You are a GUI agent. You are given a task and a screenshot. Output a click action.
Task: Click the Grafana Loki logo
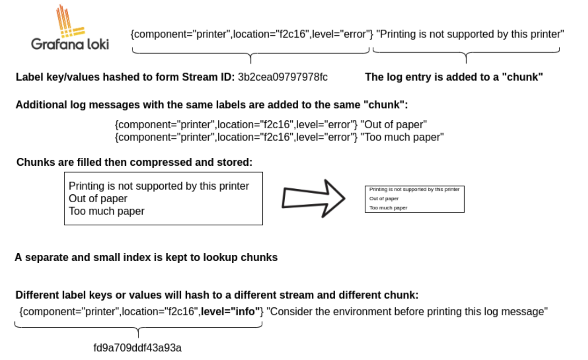coord(70,29)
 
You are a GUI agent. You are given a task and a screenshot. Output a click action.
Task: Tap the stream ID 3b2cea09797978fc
coord(283,77)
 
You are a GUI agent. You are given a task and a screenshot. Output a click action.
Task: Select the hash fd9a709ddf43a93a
coord(138,348)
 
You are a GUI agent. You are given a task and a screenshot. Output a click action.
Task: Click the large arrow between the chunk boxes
coord(313,199)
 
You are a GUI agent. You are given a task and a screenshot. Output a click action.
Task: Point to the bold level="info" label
coord(231,312)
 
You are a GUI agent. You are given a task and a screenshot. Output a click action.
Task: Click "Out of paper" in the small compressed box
coord(384,199)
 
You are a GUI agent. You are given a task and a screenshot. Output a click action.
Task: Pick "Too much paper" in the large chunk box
coord(106,211)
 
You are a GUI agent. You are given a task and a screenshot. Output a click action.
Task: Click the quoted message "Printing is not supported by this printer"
coord(470,34)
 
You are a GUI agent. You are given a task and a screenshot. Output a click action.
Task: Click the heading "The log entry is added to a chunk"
coord(454,77)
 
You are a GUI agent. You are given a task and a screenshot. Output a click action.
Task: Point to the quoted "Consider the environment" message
coord(407,312)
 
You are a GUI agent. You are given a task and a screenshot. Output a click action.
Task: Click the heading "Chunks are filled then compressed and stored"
coord(135,162)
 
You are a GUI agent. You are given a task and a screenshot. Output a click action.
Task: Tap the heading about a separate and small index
coord(146,257)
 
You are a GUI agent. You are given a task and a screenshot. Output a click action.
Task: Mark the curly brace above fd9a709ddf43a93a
coord(138,328)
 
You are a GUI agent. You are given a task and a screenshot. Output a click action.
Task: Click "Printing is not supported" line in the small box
coord(414,189)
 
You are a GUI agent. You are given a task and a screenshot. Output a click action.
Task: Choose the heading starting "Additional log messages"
coord(212,105)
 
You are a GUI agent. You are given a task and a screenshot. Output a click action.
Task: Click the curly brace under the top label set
coord(251,54)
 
